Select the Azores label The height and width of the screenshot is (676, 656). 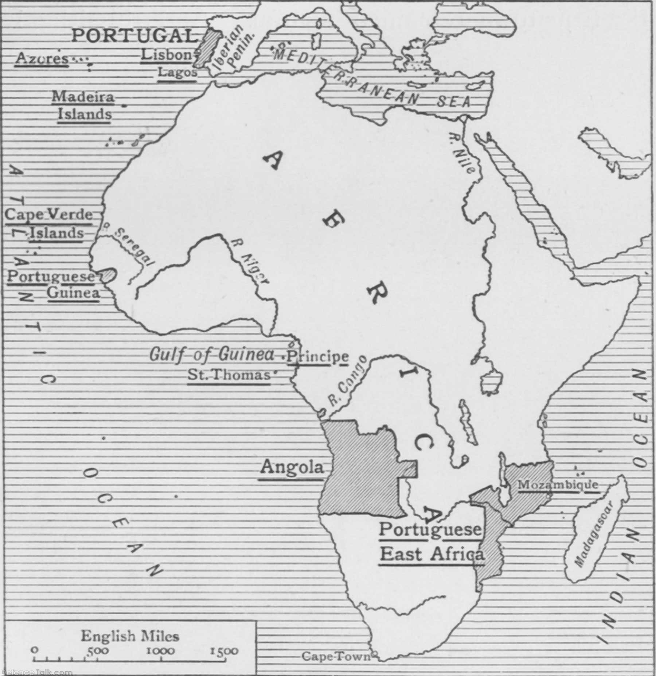[x=42, y=58]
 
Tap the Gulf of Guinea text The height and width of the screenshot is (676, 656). [x=211, y=355]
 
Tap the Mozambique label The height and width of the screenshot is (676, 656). [x=558, y=484]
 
